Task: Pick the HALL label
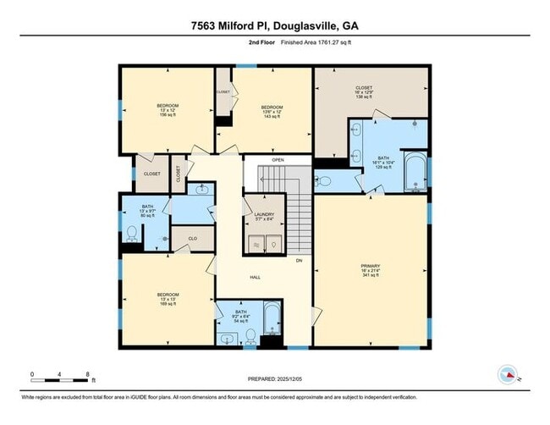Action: pos(255,277)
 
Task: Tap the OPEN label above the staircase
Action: pos(278,160)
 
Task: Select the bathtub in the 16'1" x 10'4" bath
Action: pos(415,173)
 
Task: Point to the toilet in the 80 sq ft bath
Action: pos(131,233)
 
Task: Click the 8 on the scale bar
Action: pos(88,373)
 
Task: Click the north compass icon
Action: pos(509,374)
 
